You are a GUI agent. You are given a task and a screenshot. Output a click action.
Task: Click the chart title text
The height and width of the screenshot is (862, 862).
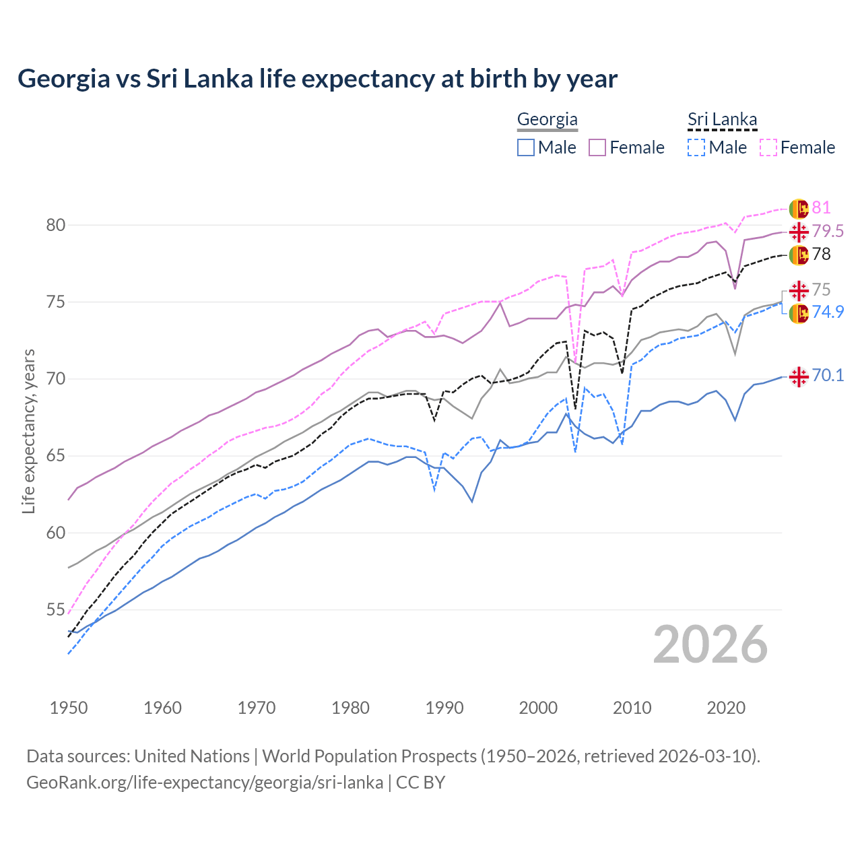coord(317,79)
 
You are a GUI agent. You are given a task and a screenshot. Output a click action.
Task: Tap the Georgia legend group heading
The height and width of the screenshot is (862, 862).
coord(547,120)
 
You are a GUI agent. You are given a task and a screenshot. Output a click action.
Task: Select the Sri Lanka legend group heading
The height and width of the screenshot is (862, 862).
coord(722,120)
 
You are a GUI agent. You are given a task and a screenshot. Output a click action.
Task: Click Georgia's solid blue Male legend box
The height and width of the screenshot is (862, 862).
coord(526,147)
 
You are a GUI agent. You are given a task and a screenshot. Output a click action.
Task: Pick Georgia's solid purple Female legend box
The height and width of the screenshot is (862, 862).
coord(597,147)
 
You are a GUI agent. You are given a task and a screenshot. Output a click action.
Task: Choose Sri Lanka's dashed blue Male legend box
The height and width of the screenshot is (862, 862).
coord(696,147)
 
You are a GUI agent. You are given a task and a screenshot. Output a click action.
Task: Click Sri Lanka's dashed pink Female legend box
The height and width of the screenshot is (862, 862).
coord(768,147)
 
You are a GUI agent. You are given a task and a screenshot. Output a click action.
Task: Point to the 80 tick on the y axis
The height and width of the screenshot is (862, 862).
coord(55,225)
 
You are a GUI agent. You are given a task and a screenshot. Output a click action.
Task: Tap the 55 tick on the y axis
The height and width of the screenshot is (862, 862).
coord(55,610)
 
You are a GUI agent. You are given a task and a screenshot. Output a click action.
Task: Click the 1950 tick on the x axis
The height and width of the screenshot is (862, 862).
coord(69,708)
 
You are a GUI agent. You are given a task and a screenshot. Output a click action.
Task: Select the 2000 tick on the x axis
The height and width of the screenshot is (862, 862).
coord(538,708)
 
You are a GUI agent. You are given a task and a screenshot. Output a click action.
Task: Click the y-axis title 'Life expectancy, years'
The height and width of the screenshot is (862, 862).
coord(28,431)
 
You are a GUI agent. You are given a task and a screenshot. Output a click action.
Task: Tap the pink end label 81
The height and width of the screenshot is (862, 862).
coord(821,208)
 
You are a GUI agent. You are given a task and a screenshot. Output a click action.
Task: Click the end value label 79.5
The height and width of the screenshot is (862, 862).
coord(828,232)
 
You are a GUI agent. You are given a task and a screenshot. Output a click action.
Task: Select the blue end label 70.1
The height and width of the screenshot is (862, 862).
coord(828,376)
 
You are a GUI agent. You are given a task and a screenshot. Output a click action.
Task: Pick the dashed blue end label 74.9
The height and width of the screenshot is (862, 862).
coord(828,312)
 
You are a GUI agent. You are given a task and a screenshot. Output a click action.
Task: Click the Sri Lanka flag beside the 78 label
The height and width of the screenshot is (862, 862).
coord(799,255)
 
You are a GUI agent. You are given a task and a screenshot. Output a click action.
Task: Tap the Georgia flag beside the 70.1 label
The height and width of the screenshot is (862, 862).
coord(799,377)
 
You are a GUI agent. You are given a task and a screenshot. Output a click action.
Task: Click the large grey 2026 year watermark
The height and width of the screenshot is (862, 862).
coord(710,644)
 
